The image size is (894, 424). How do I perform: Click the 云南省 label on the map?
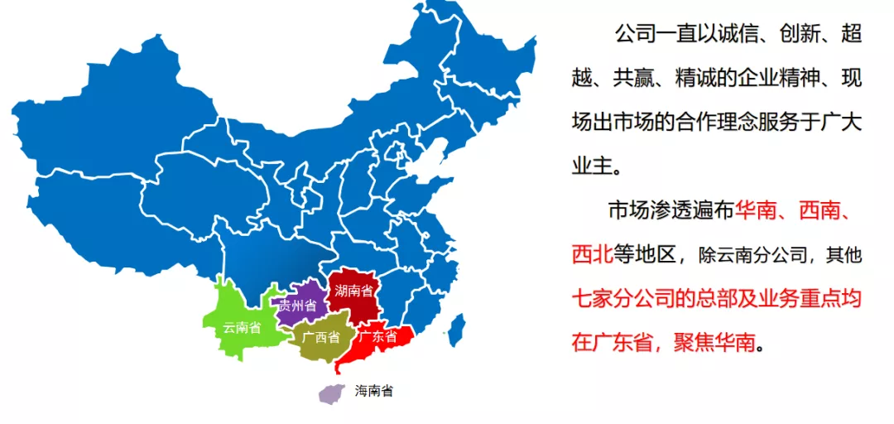point(242,327)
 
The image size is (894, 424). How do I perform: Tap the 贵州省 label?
point(298,306)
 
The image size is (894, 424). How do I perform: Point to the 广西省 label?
point(321,337)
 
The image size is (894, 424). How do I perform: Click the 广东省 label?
point(377,337)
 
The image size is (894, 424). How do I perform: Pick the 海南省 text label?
point(374,391)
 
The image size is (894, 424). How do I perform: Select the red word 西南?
point(819,210)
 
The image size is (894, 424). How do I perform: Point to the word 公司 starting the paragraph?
point(635,35)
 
